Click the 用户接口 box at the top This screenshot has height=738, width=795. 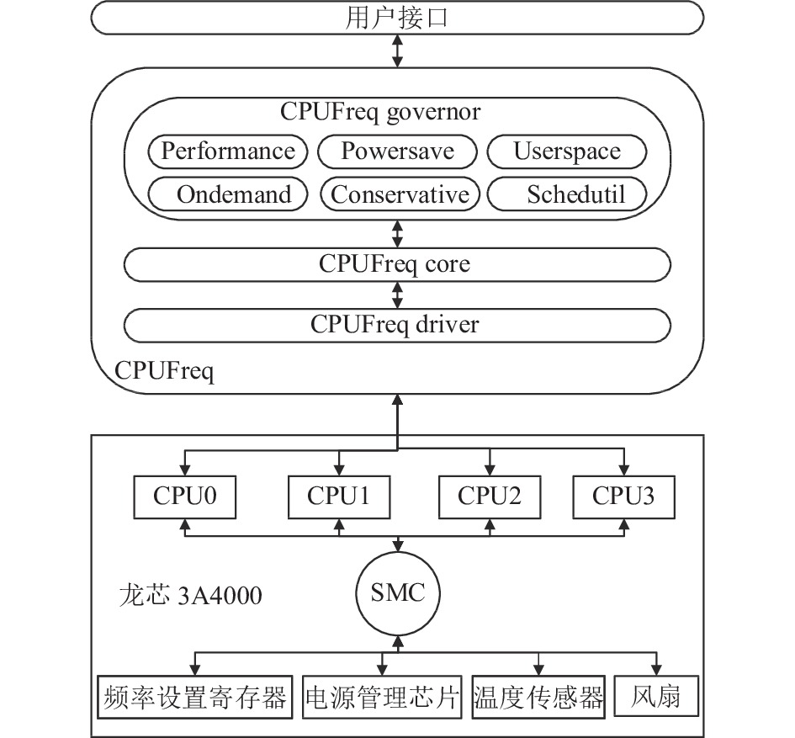pyautogui.click(x=397, y=18)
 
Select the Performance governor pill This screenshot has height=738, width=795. pyautogui.click(x=228, y=151)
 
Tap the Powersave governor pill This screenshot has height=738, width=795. pyautogui.click(x=397, y=151)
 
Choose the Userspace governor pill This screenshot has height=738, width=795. pyautogui.click(x=567, y=151)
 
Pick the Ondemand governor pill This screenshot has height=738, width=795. pyautogui.click(x=228, y=194)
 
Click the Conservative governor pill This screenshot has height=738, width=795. pyautogui.click(x=400, y=194)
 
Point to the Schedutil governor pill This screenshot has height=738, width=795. pyautogui.click(x=567, y=194)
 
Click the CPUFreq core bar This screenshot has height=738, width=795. pyautogui.click(x=397, y=264)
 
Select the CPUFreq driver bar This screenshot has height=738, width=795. pyautogui.click(x=397, y=325)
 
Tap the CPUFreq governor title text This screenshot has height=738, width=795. pyautogui.click(x=380, y=112)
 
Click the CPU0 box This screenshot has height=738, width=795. pyautogui.click(x=184, y=497)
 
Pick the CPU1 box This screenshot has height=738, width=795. pyautogui.click(x=339, y=497)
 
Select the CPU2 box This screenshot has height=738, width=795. pyautogui.click(x=490, y=497)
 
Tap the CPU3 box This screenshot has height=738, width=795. pyautogui.click(x=623, y=497)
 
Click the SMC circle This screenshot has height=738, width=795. pyautogui.click(x=398, y=593)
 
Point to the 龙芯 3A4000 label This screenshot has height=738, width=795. pyautogui.click(x=191, y=596)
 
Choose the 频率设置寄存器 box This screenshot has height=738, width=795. pyautogui.click(x=194, y=697)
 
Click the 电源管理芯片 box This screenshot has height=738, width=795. pyautogui.click(x=382, y=697)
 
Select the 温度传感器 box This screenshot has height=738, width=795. pyautogui.click(x=538, y=697)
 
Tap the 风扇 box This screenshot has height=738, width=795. pyautogui.click(x=656, y=696)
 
